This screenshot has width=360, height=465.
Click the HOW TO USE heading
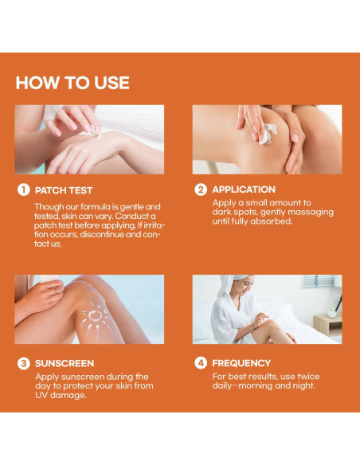72,83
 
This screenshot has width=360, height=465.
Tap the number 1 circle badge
24,190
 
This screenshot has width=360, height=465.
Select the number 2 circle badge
201,190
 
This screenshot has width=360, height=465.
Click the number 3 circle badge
24,363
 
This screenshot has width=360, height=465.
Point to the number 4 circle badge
201,363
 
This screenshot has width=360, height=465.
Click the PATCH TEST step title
64,190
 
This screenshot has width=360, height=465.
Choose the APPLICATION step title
244,190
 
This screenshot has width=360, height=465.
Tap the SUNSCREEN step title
65,363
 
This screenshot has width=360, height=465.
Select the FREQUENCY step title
241,363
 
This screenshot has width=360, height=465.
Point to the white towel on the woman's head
231,284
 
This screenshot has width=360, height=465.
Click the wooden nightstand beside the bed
328,326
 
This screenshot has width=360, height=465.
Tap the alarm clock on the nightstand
332,312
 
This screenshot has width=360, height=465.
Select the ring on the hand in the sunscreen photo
56,291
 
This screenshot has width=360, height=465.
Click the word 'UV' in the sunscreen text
41,395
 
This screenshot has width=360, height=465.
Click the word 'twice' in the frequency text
308,377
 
